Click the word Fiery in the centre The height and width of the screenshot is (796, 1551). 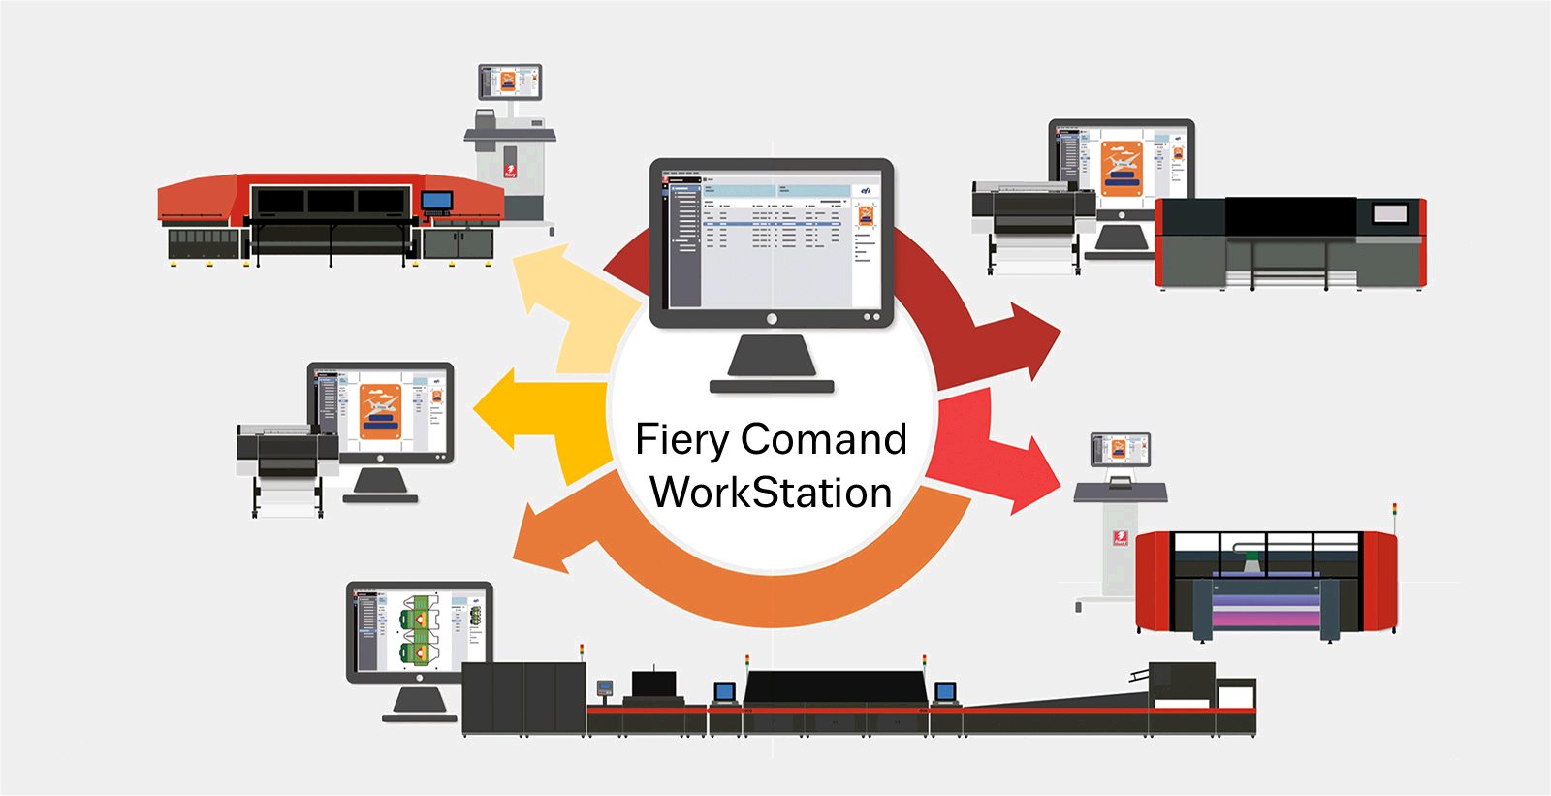pyautogui.click(x=681, y=440)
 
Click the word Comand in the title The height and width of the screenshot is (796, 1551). pyautogui.click(x=824, y=439)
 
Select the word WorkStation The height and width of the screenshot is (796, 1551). pyautogui.click(x=771, y=493)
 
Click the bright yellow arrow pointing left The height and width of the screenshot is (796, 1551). pyautogui.click(x=504, y=407)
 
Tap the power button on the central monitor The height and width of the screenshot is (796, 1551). pyautogui.click(x=772, y=319)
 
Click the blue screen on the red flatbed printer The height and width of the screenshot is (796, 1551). pyautogui.click(x=436, y=202)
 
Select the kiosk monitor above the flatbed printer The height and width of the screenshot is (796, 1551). pyautogui.click(x=510, y=81)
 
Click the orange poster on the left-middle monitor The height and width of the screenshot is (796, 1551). pyautogui.click(x=380, y=412)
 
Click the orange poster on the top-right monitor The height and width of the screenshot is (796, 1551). pyautogui.click(x=1122, y=168)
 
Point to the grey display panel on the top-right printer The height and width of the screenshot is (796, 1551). pyautogui.click(x=1390, y=214)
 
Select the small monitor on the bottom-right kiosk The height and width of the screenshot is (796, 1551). pyautogui.click(x=1120, y=449)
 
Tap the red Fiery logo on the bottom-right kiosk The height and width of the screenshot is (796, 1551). pyautogui.click(x=1120, y=537)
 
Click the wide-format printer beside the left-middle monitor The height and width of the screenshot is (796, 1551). pyautogui.click(x=287, y=456)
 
